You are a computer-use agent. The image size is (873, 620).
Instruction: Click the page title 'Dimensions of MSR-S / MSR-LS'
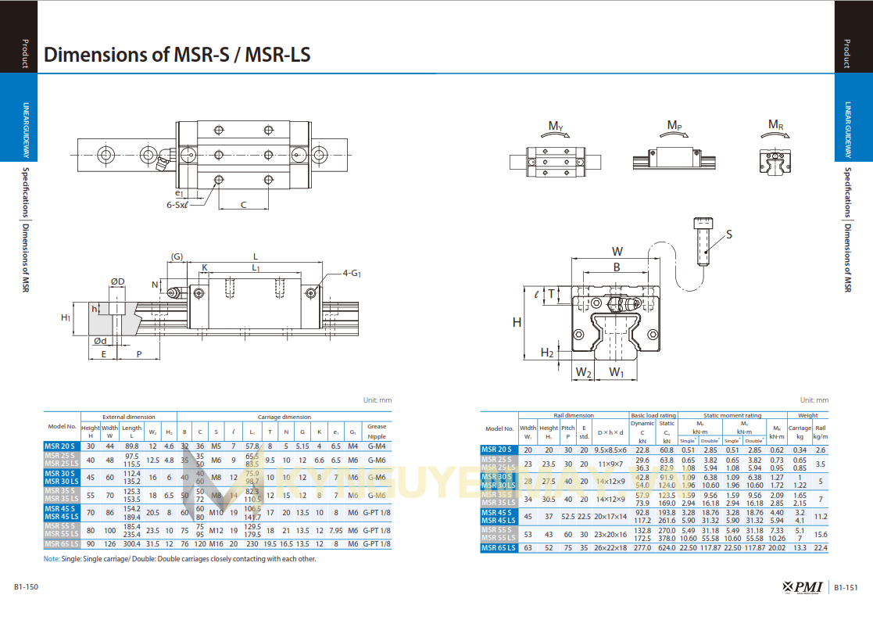pos(177,55)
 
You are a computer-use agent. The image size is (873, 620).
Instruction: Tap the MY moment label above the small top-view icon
pos(556,126)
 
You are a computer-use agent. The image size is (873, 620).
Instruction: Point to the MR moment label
pos(775,125)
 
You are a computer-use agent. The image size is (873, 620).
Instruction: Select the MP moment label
pos(674,125)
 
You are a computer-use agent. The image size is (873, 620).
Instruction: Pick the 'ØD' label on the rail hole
pos(117,281)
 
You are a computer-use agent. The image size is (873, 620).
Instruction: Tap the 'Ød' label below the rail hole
pos(100,341)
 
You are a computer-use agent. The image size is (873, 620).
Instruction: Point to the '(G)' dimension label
pos(177,256)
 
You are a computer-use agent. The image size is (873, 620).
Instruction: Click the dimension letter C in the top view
pos(243,205)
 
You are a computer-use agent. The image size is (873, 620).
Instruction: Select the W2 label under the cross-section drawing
pos(583,372)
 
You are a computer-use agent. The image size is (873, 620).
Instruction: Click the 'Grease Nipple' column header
pos(377,432)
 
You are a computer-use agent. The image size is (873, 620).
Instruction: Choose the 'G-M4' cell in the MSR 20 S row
pos(377,446)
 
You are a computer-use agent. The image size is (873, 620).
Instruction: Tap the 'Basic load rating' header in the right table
pos(653,416)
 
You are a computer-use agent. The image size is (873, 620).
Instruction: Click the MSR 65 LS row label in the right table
pos(498,548)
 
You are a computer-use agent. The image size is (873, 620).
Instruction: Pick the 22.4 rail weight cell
pos(820,548)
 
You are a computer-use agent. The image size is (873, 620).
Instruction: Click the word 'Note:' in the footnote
pos(52,559)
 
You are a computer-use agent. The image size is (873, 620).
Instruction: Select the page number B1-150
pos(27,587)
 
